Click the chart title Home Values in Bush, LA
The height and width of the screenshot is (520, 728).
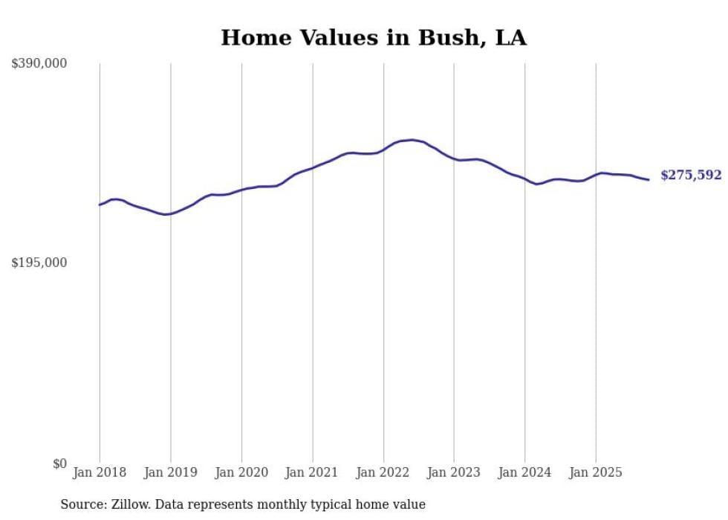[374, 38]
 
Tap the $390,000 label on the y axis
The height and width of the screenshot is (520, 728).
[39, 63]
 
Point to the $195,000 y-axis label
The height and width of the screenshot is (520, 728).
[39, 263]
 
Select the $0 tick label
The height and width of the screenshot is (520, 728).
[59, 463]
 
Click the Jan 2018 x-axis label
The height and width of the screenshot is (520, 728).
[100, 472]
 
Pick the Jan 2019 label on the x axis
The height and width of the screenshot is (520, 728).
[171, 472]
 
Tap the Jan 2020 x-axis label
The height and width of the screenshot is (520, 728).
[241, 472]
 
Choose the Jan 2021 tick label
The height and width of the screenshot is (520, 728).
[312, 472]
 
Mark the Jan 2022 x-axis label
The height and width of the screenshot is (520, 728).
[383, 472]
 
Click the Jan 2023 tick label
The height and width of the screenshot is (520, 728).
[454, 472]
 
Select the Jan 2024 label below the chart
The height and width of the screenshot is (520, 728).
[524, 472]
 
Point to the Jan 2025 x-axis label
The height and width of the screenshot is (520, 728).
[596, 472]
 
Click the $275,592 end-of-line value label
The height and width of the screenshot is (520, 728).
[691, 176]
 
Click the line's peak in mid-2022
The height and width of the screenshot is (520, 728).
[411, 140]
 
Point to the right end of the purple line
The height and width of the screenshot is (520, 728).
[649, 179]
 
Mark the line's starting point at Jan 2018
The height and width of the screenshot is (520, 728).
[100, 205]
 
